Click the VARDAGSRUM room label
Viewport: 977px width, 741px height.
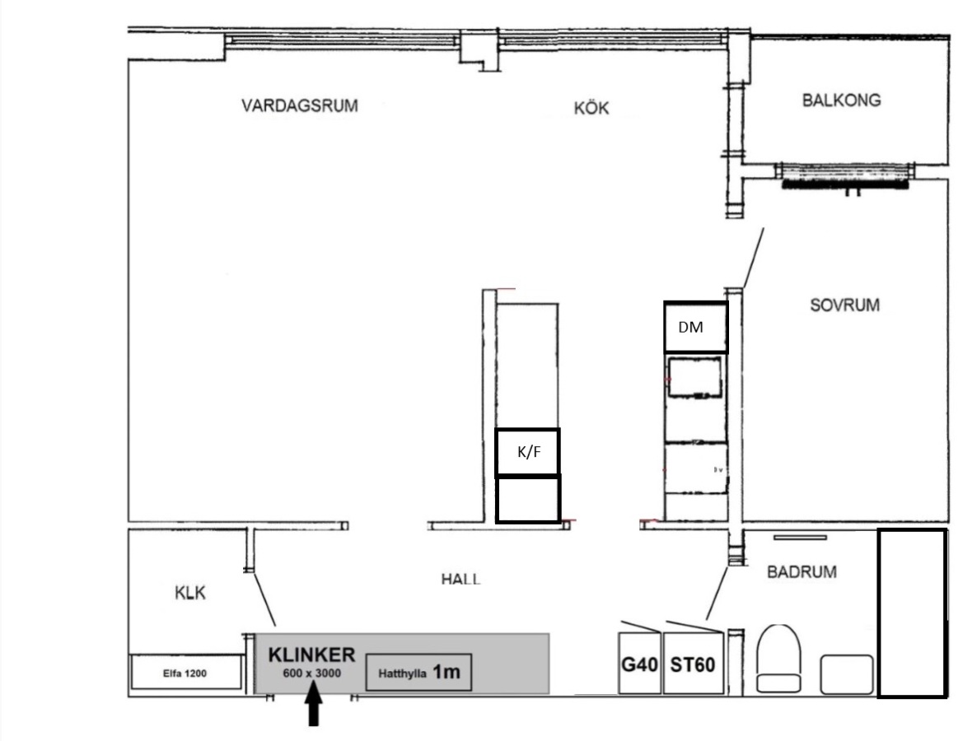(x=300, y=105)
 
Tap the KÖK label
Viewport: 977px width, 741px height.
(x=591, y=108)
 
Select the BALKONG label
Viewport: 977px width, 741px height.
(x=841, y=100)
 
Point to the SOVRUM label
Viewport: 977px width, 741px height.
(x=845, y=305)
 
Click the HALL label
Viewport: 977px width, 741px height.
(x=461, y=579)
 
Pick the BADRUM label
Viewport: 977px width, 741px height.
(x=802, y=571)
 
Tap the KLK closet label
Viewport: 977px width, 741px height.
(x=190, y=593)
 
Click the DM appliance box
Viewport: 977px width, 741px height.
(x=696, y=327)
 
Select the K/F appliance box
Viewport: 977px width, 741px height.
(x=528, y=451)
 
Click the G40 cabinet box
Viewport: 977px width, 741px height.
(x=640, y=663)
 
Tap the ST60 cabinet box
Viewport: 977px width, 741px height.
(x=694, y=663)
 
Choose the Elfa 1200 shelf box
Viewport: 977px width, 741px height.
(x=185, y=672)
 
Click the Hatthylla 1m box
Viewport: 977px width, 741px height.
(x=418, y=673)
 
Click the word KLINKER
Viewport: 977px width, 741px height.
(x=311, y=655)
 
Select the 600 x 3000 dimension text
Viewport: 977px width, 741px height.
(x=311, y=673)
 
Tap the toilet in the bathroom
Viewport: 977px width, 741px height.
(x=778, y=659)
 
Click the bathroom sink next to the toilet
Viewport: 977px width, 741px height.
(x=846, y=674)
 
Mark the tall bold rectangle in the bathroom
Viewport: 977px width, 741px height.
(x=913, y=613)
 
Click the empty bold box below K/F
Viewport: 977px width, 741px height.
(x=528, y=499)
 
